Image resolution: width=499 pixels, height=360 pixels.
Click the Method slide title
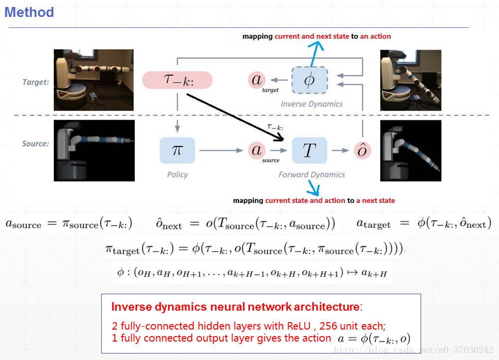[29, 12]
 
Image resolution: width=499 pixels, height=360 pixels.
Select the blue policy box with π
[177, 151]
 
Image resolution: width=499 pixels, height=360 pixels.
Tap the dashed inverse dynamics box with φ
[309, 80]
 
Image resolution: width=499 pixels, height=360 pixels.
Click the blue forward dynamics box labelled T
[309, 151]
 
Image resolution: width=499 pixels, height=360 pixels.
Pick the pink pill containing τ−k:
[177, 80]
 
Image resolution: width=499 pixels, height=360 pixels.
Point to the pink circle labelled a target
[257, 80]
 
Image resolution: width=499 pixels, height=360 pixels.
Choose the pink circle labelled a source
[257, 151]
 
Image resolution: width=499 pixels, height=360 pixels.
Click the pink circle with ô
[362, 151]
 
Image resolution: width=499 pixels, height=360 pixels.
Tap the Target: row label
[35, 82]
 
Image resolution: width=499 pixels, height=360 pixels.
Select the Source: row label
[35, 144]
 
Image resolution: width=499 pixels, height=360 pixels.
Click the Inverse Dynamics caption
[311, 104]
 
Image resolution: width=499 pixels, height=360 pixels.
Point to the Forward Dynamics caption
[311, 175]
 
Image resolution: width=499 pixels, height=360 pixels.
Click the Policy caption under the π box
[177, 175]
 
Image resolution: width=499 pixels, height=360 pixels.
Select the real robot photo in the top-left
[94, 80]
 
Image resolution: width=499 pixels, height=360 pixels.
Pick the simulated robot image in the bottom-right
[411, 151]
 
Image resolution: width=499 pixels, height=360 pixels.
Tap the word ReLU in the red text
[298, 326]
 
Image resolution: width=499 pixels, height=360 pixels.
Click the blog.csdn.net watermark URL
[413, 350]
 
